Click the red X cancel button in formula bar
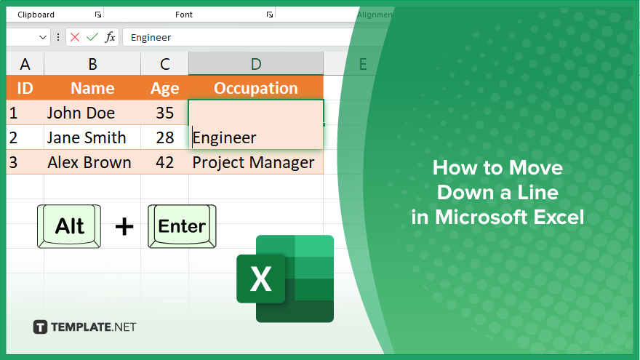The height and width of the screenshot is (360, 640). click(75, 37)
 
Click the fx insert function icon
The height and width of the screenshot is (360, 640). click(110, 37)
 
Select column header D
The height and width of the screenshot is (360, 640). click(256, 64)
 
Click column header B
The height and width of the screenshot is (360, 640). click(92, 64)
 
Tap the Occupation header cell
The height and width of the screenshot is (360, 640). click(256, 88)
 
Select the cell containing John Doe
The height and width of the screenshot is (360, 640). click(92, 113)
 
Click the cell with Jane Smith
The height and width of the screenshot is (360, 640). click(92, 137)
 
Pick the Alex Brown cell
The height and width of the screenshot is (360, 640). click(92, 162)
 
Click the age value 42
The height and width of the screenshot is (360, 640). click(165, 162)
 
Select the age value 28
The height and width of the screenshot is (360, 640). click(165, 137)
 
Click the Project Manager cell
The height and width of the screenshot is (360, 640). click(256, 162)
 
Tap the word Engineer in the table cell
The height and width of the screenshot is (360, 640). click(225, 138)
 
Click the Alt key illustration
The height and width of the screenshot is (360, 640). click(69, 226)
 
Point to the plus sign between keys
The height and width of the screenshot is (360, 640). click(124, 226)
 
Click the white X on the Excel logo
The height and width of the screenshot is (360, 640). click(261, 279)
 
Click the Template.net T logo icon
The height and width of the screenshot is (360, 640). click(40, 327)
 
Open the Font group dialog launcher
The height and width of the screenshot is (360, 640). click(269, 15)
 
